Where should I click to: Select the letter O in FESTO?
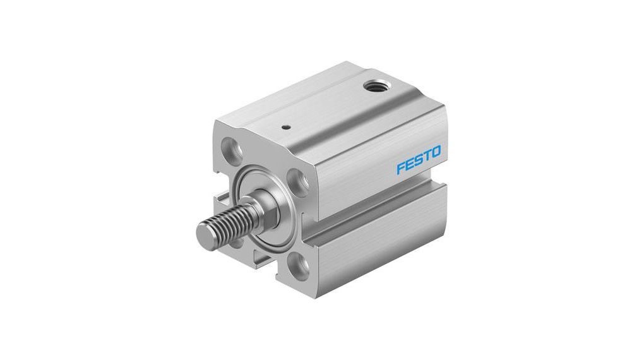pos(436,153)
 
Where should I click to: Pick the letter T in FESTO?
pos(427,157)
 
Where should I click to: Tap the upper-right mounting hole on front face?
pos(301,181)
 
